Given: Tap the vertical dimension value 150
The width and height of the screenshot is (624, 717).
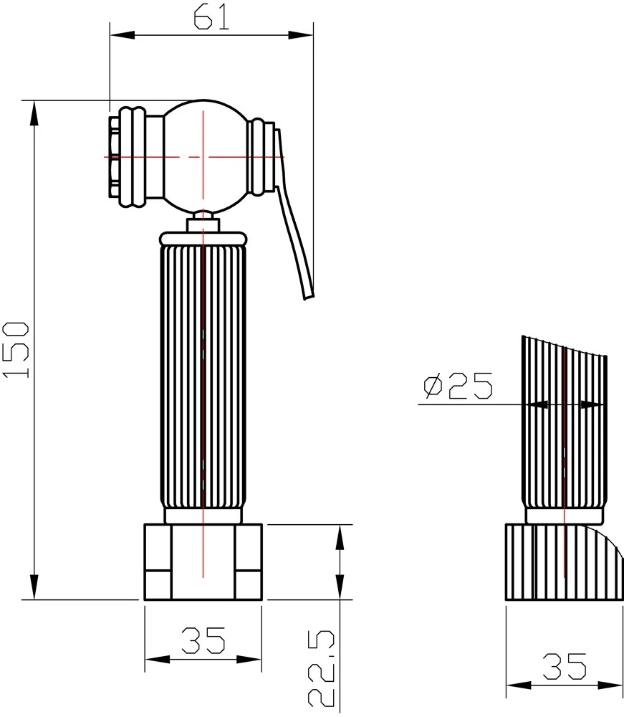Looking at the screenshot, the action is point(16,350).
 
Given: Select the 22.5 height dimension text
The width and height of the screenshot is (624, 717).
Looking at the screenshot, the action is point(322,668).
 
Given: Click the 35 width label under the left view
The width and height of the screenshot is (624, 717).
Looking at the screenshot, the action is point(203,640).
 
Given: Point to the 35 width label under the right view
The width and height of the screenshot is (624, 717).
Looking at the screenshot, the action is point(565,666).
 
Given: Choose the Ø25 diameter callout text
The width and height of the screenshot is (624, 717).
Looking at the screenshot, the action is point(459,386).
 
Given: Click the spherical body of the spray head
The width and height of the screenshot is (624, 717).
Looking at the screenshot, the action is point(204,157).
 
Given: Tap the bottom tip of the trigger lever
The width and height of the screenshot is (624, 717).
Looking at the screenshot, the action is point(309,298).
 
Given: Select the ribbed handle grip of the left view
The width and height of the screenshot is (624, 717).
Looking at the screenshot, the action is point(203,376).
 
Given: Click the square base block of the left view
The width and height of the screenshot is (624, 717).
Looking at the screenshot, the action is point(203,562).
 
